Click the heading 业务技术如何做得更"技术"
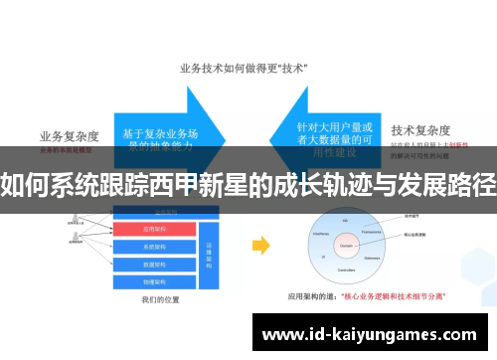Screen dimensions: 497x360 coord(242,69)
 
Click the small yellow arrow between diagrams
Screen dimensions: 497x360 coord(260,244)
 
